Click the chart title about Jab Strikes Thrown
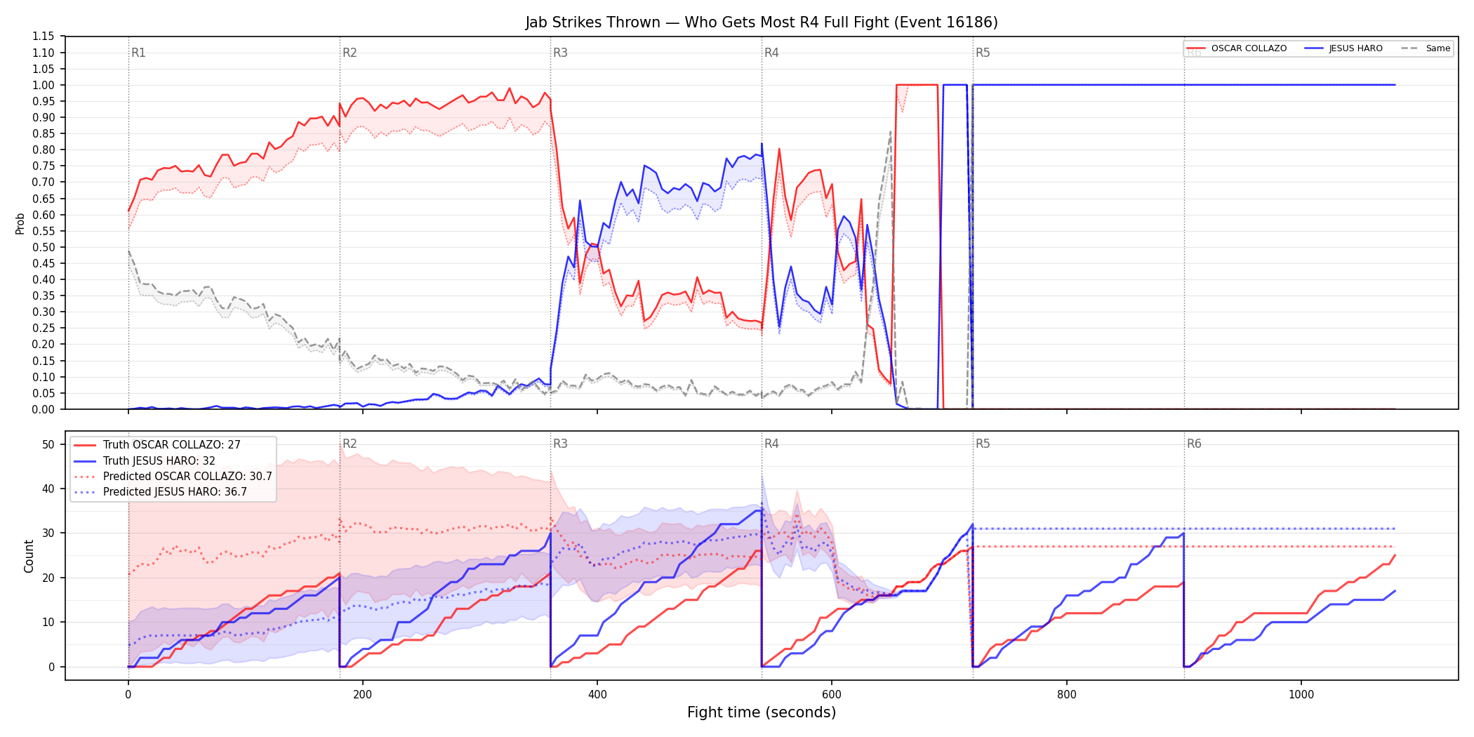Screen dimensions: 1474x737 click(x=762, y=22)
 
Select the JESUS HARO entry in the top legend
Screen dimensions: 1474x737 click(x=1343, y=48)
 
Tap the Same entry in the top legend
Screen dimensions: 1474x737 click(x=1426, y=48)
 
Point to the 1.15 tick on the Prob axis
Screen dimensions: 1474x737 click(x=43, y=36)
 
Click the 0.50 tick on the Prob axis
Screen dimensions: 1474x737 click(x=43, y=247)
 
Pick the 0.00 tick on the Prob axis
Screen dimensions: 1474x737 click(x=43, y=409)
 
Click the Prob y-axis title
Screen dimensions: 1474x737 click(x=20, y=223)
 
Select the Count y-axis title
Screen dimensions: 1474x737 click(x=29, y=556)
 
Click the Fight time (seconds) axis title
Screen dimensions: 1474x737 click(x=762, y=712)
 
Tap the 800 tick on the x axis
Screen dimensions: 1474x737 click(x=1066, y=695)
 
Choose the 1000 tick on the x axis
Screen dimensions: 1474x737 click(x=1301, y=695)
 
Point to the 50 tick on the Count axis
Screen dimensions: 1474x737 click(x=48, y=444)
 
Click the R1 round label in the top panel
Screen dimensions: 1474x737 click(x=138, y=53)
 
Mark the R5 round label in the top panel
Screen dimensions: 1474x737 click(x=983, y=53)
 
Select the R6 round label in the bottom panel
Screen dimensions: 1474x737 click(x=1194, y=444)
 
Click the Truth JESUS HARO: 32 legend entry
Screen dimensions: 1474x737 click(x=159, y=461)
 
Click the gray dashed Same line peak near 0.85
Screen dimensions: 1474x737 click(x=891, y=131)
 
